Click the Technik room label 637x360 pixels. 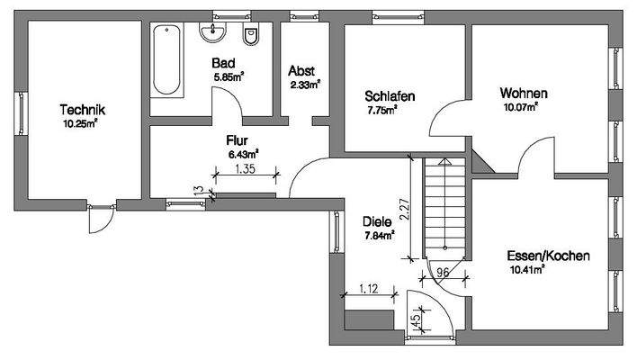click(83, 110)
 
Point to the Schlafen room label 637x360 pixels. click(387, 96)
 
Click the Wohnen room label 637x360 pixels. click(525, 93)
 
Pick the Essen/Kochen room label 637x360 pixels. click(548, 256)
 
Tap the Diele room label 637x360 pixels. click(377, 221)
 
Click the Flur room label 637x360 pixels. click(238, 139)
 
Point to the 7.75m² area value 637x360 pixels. click(382, 111)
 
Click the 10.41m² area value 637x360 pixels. click(528, 270)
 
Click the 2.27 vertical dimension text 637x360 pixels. click(405, 210)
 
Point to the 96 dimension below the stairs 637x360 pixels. click(443, 271)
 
